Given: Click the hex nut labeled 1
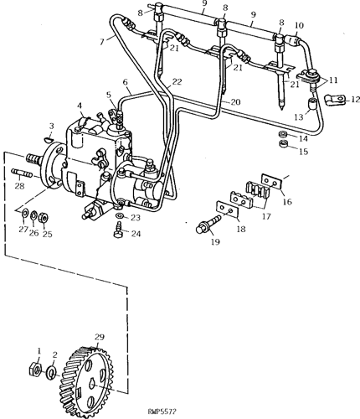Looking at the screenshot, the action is [35, 369].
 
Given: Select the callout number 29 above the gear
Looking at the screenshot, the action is [100, 337].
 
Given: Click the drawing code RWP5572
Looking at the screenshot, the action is [162, 411].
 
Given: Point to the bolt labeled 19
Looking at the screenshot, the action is [208, 224].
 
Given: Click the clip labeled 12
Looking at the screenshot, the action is [335, 100].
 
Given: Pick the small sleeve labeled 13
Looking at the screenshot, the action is [312, 104].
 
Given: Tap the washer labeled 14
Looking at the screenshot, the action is [283, 134].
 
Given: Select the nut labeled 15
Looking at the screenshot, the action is [284, 145].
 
